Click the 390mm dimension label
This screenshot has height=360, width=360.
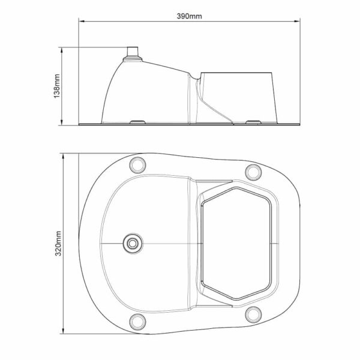189,16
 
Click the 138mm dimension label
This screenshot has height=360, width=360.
57,86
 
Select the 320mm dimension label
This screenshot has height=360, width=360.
58,244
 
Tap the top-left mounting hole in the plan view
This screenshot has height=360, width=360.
137,165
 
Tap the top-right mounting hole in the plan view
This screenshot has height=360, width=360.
253,172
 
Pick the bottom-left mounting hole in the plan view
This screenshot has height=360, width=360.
137,322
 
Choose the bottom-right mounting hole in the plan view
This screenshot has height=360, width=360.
253,314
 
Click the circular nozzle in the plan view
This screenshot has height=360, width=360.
133,244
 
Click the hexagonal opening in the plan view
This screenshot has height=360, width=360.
236,244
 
